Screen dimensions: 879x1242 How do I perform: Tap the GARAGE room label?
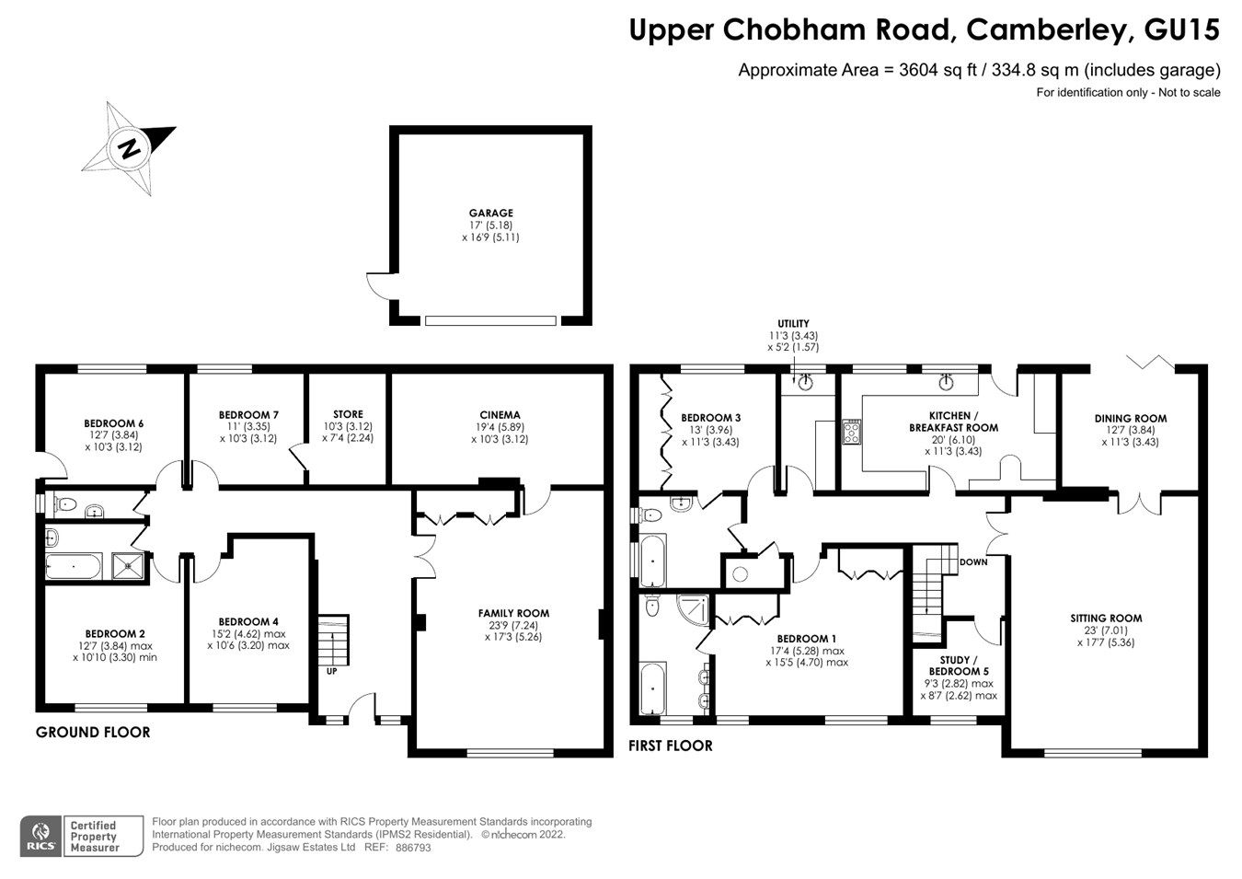pyautogui.click(x=491, y=214)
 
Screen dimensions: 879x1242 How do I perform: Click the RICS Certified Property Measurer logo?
pyautogui.click(x=82, y=836)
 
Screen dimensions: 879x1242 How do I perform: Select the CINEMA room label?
pyautogui.click(x=500, y=415)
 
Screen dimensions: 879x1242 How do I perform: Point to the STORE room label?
pyautogui.click(x=348, y=415)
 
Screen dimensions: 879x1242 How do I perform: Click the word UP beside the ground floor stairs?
pyautogui.click(x=331, y=671)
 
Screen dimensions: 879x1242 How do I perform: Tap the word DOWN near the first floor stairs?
pyautogui.click(x=972, y=561)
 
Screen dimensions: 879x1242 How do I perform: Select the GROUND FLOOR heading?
pyautogui.click(x=92, y=733)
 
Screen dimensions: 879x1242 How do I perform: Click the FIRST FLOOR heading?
pyautogui.click(x=670, y=746)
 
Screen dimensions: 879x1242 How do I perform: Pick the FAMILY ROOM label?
pyautogui.click(x=513, y=613)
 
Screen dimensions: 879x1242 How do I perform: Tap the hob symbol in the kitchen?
pyautogui.click(x=851, y=432)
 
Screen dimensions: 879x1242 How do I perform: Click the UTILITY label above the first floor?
pyautogui.click(x=793, y=324)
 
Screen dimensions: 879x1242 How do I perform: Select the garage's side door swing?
pyautogui.click(x=378, y=287)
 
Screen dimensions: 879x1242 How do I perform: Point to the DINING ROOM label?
pyautogui.click(x=1131, y=419)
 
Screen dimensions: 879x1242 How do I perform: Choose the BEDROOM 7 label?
pyautogui.click(x=248, y=415)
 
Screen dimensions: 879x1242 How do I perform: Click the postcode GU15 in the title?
pyautogui.click(x=1181, y=30)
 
